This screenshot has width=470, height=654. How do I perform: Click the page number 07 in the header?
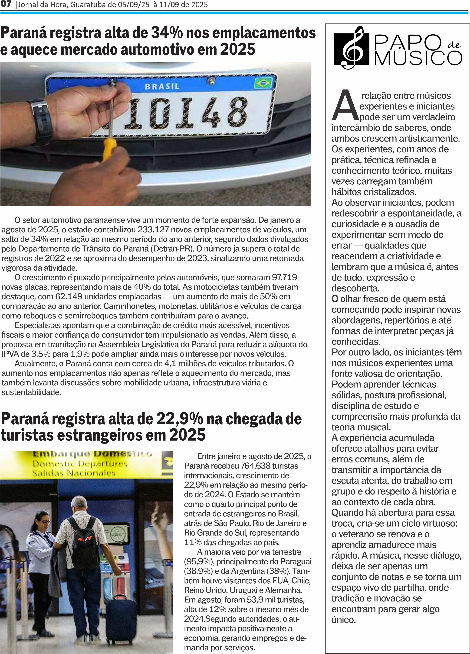point(6,4)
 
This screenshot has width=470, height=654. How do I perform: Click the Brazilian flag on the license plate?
point(263,83)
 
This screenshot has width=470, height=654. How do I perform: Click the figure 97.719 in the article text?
point(284,277)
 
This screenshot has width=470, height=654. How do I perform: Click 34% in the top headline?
point(167,33)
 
